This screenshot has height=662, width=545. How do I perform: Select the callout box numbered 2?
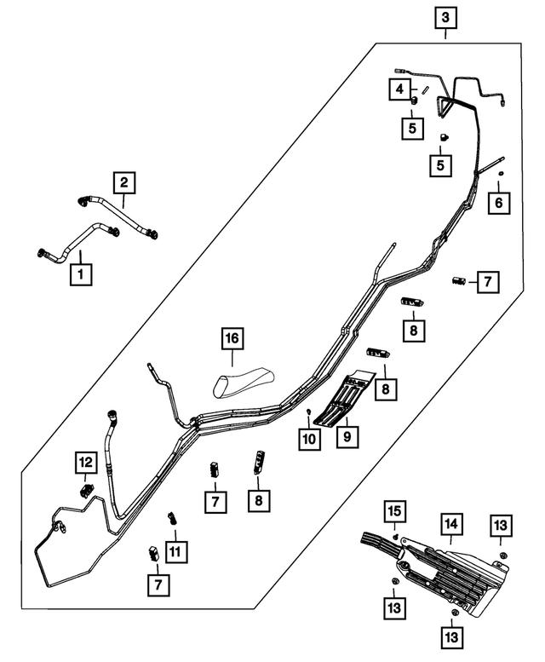tap(123, 181)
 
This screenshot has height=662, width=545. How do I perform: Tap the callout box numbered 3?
tap(445, 16)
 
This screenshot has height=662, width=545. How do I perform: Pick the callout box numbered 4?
tap(398, 88)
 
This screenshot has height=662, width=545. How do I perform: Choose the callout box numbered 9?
tap(347, 438)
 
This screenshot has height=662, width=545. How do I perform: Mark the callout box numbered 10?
tap(307, 438)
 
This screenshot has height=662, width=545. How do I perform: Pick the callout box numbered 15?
tap(394, 512)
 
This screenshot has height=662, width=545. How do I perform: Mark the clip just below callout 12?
tap(86, 490)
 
